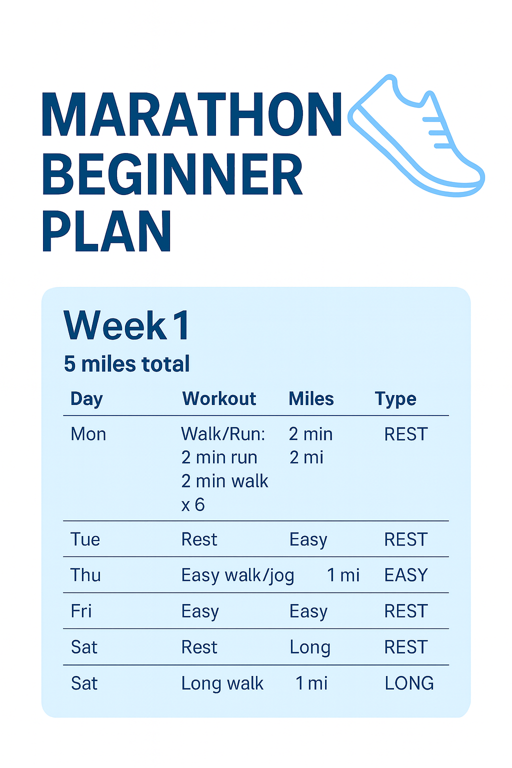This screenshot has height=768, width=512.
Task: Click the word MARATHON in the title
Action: tap(192, 114)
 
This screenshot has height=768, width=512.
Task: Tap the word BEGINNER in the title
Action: tap(172, 175)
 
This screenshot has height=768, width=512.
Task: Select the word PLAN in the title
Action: tap(107, 231)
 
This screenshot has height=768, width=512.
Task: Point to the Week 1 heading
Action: tap(127, 325)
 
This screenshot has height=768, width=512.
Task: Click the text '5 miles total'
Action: tap(127, 364)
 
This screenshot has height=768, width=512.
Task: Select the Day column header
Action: tap(86, 399)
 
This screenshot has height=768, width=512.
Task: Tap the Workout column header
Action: tap(219, 399)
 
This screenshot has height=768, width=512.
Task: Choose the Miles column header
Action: tap(311, 399)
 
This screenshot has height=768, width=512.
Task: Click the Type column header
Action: tap(395, 399)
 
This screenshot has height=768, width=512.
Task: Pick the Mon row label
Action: tap(88, 434)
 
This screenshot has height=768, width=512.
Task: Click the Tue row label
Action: tap(85, 539)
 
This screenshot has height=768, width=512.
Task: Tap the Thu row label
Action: tap(85, 575)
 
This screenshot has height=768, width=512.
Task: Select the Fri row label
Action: tap(81, 611)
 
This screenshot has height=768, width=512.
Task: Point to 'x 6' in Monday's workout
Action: tap(193, 504)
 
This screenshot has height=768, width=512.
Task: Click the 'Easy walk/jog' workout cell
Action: tap(237, 575)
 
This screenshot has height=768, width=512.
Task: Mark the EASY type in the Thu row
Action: tap(406, 575)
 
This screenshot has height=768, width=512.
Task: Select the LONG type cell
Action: tap(409, 683)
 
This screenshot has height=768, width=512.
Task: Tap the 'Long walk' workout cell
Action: tap(222, 683)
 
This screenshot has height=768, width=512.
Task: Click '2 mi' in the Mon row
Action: tap(306, 457)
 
